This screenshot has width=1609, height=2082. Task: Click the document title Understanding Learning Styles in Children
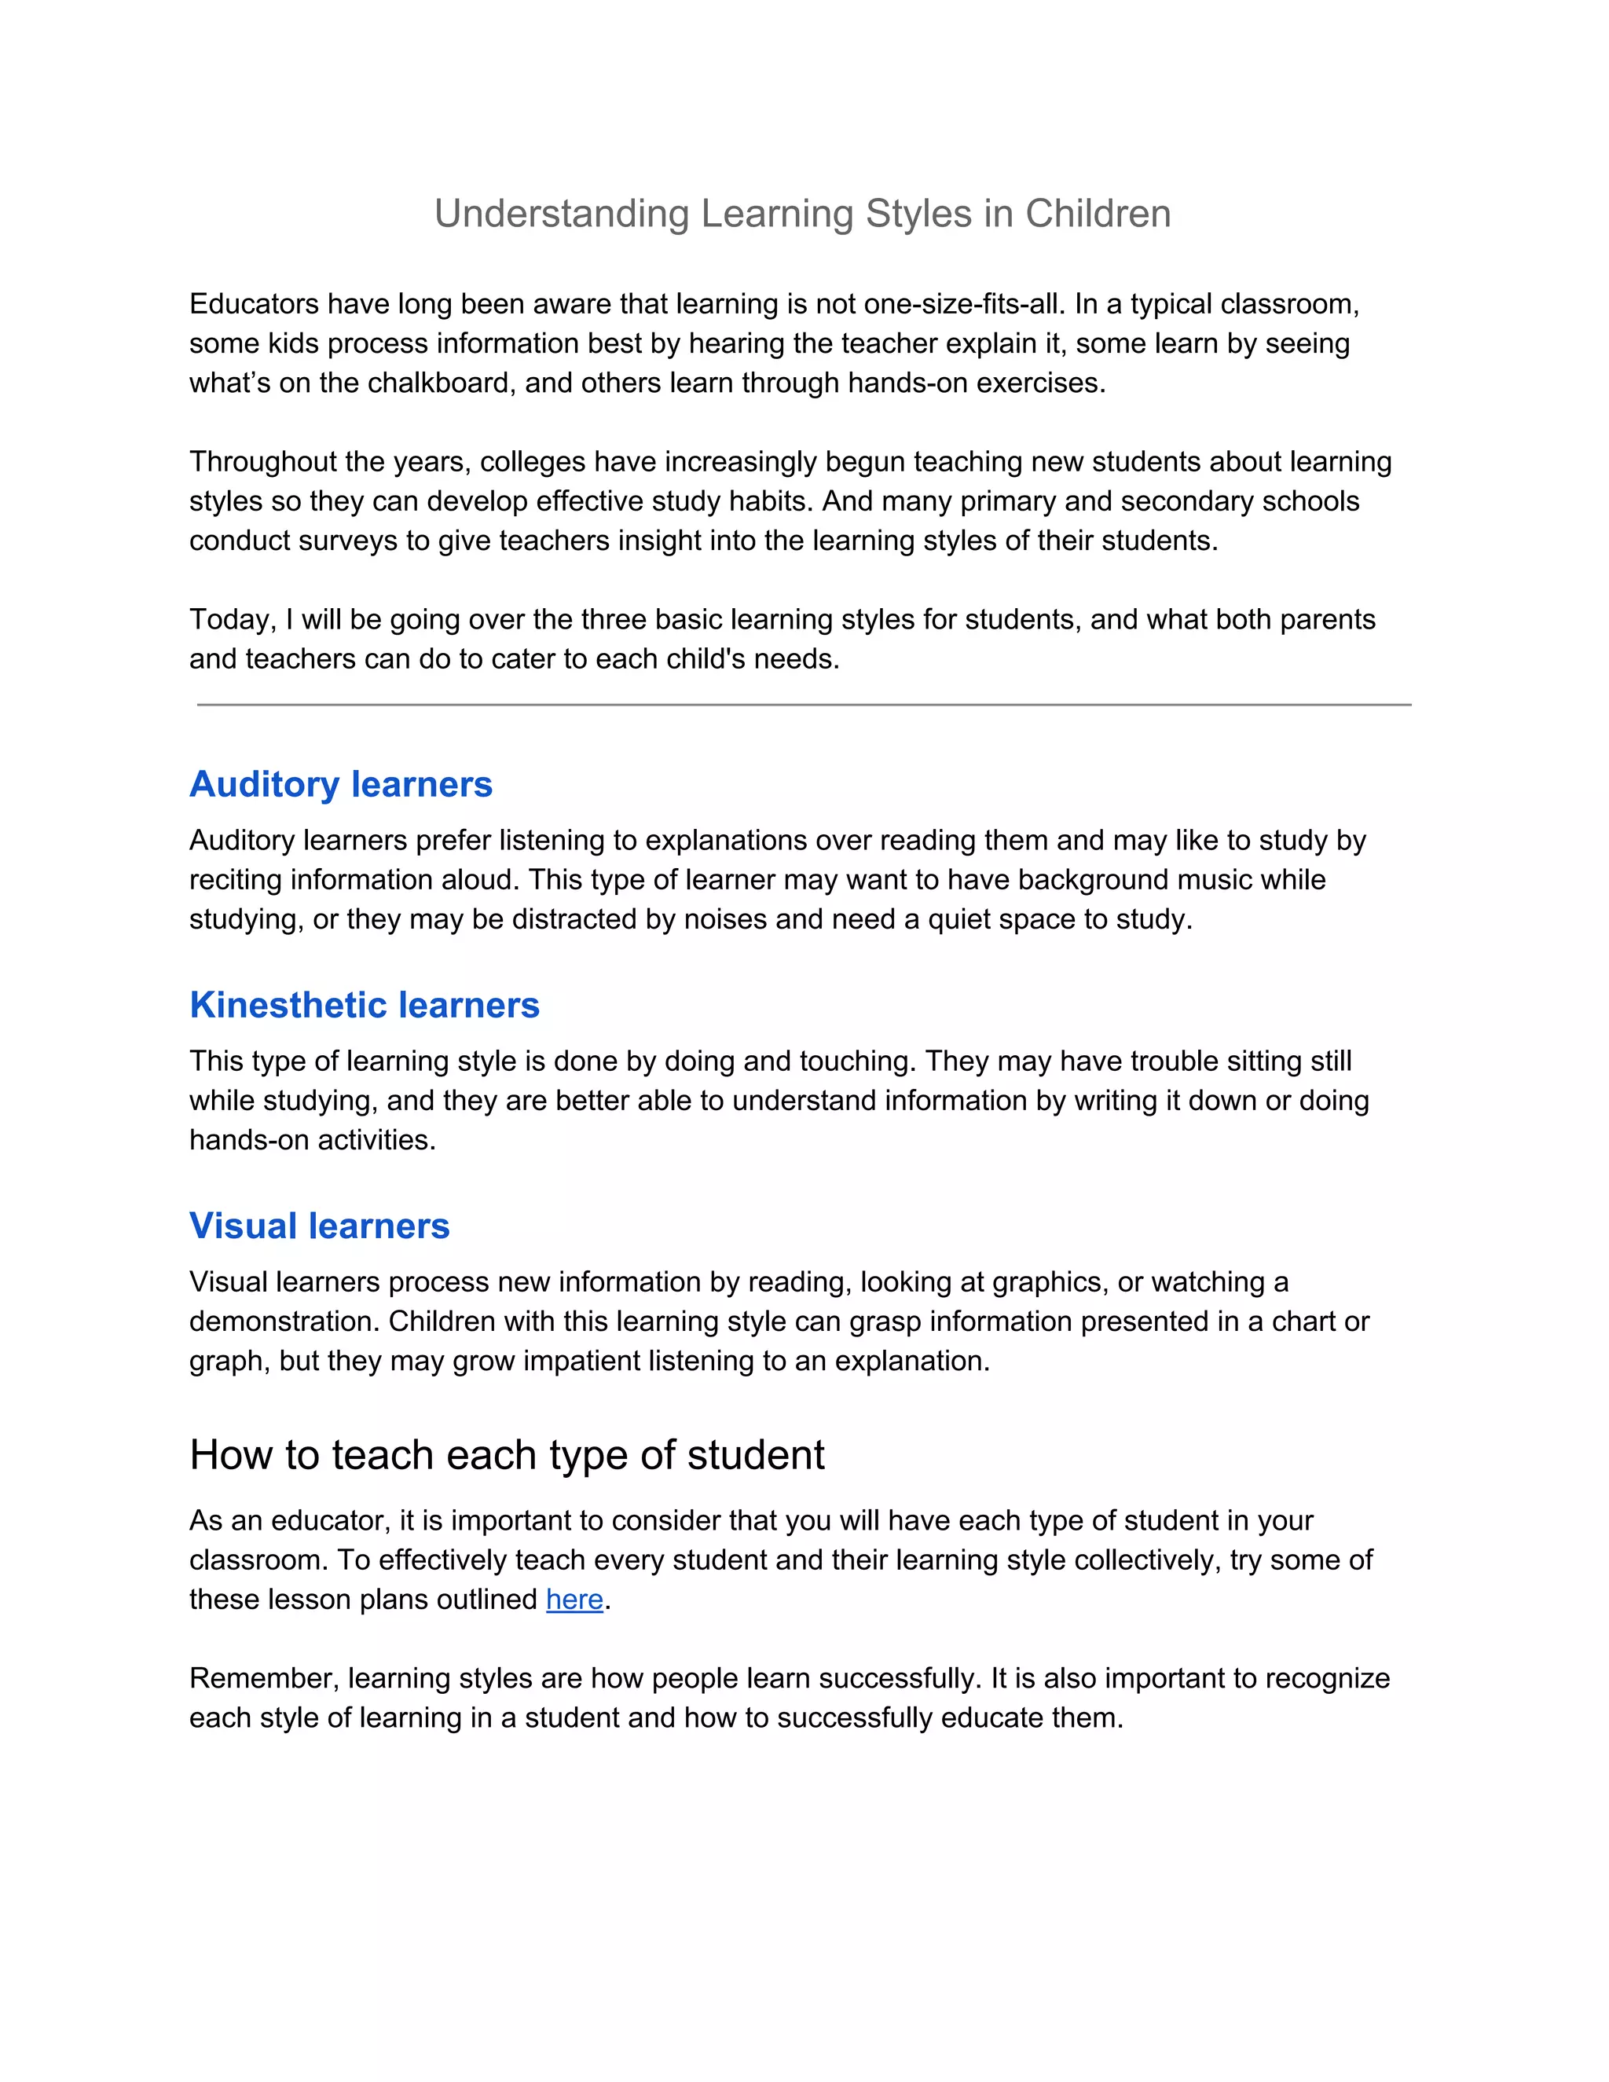[x=803, y=214]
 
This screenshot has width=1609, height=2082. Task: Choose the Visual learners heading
[x=319, y=1226]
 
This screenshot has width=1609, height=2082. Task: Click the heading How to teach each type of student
[x=506, y=1455]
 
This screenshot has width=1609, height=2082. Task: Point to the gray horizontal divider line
[x=803, y=705]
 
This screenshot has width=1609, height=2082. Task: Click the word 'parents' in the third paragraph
[x=1327, y=620]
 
